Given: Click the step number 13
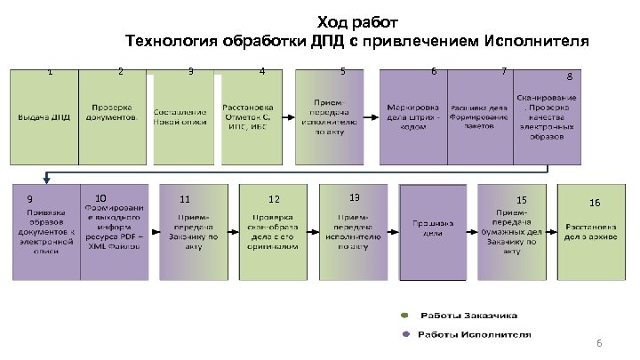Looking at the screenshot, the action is click(354, 196).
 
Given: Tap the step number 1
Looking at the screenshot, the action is click(51, 72).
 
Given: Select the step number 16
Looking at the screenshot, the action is click(595, 203).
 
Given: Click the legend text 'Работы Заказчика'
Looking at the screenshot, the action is click(468, 316).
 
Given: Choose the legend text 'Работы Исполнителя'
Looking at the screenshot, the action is click(476, 335).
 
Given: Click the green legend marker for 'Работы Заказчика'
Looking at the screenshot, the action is click(404, 316).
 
